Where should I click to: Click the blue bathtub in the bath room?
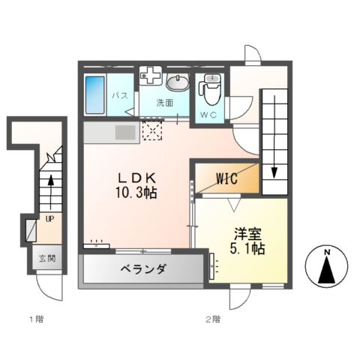coord(95,95)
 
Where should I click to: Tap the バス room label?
coord(120,96)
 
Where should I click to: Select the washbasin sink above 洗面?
coord(178,82)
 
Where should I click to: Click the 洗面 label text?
coord(165,102)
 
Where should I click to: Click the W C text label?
coord(208,115)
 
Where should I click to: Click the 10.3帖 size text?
coord(135,193)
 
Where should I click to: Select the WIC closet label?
coord(227,179)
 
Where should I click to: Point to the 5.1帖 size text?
coord(247,247)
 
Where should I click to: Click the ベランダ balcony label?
coord(142,270)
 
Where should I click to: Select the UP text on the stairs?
coord(49,220)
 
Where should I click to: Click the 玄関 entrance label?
coord(46,259)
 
